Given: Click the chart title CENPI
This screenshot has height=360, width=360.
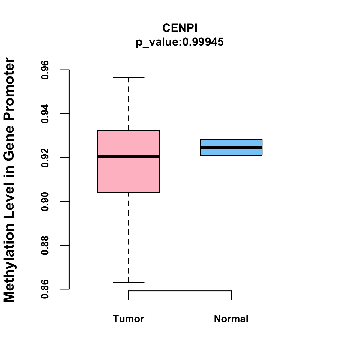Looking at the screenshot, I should pos(180,28).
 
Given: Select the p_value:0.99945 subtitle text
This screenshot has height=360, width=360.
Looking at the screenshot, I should pos(180,42).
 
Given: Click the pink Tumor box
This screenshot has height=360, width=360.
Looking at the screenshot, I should pos(129,174).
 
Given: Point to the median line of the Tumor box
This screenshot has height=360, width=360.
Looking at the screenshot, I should pos(129,157).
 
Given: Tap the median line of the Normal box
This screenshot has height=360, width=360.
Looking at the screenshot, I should pos(231,147).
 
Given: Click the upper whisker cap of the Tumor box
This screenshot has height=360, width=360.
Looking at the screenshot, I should pos(129,77).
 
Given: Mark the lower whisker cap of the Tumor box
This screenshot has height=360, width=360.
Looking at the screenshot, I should pos(129,283).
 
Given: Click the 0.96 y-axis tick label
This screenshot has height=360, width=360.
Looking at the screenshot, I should pos(45,70).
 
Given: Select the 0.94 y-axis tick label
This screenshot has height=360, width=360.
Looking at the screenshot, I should pos(45,114).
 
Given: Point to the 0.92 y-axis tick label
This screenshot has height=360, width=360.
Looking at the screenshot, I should pos(45,157).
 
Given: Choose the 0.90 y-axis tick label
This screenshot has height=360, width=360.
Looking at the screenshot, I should pos(45,202).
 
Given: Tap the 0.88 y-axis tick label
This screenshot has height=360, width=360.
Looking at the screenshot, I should pos(45,245).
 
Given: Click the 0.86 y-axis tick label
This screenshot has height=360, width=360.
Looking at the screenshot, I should pos(45,289).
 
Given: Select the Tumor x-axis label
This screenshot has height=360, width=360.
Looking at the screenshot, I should pos(129,319).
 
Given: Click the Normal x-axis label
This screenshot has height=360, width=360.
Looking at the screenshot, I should pos(231,319).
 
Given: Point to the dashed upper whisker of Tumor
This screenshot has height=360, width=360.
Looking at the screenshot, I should pos(129,103).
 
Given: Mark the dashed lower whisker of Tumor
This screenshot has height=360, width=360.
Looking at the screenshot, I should pos(129,237).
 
